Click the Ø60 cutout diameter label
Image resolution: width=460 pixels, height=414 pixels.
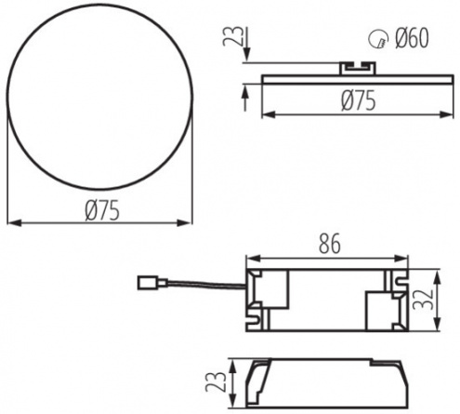click(412, 38)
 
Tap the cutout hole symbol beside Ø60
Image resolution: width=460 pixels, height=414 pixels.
click(378, 39)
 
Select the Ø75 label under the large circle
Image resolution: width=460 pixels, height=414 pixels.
click(102, 210)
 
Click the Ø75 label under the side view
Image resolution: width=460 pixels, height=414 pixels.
click(359, 100)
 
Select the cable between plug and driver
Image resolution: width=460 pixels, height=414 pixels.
click(207, 284)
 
